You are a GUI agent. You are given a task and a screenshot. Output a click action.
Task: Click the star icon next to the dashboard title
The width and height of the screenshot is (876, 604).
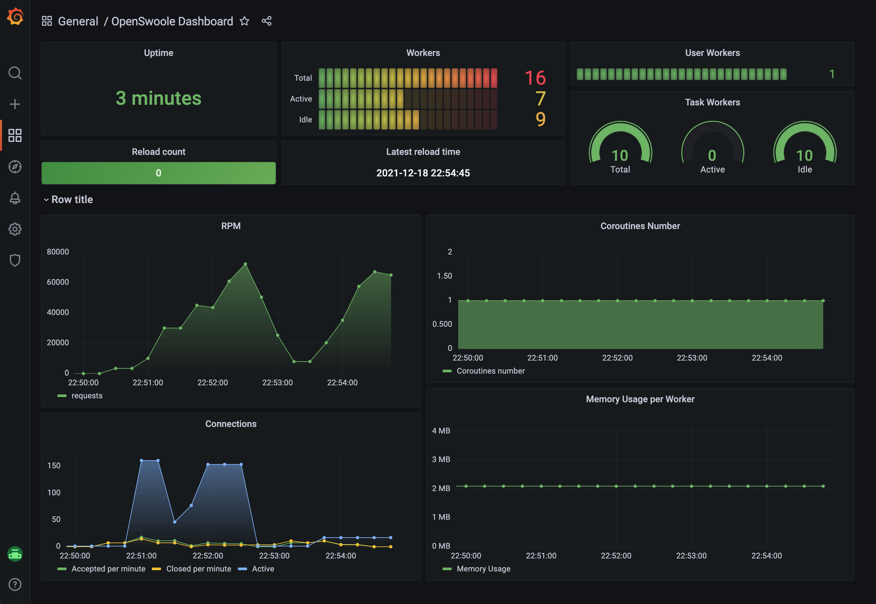(244, 21)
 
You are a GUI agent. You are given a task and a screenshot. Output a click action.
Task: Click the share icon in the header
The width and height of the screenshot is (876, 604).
(266, 21)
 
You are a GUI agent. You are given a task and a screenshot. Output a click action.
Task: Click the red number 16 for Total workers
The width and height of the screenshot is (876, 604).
(535, 78)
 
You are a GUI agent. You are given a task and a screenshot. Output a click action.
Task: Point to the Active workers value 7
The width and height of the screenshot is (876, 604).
(540, 99)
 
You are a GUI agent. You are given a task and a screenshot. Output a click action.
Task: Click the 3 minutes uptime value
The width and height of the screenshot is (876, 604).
(158, 98)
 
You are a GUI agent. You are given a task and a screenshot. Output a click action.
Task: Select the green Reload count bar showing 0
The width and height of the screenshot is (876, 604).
(158, 173)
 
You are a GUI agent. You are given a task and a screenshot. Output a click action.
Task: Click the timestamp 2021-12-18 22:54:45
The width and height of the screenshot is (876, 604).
(423, 173)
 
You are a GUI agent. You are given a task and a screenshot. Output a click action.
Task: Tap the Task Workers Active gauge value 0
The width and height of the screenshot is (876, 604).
(712, 156)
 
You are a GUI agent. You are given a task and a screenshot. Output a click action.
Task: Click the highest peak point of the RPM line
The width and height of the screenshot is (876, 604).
(245, 264)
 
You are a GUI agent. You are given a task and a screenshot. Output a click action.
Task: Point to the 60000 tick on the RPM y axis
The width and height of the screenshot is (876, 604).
(58, 282)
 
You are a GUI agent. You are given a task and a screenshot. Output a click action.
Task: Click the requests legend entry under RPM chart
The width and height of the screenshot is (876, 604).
(86, 395)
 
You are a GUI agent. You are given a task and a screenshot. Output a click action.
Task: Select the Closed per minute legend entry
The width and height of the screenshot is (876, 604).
(198, 569)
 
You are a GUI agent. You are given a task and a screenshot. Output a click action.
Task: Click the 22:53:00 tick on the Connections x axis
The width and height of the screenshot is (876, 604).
(274, 556)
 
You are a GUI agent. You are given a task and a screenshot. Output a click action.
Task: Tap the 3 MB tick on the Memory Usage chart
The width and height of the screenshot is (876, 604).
(441, 460)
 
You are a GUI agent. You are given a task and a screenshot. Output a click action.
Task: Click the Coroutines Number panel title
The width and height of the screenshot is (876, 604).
(640, 226)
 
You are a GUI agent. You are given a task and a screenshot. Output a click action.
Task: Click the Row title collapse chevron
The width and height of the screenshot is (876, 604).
(46, 200)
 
